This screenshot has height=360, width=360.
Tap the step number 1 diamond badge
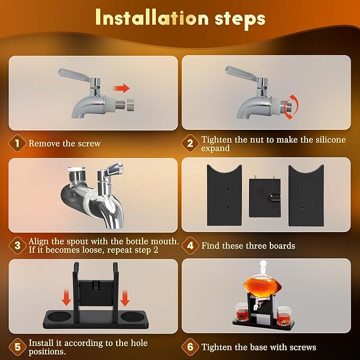tap(17, 144)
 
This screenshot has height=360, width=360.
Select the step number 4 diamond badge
tap(190, 245)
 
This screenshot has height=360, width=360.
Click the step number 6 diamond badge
tap(190, 347)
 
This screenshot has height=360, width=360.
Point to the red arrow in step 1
tap(122, 89)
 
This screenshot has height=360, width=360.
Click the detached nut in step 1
tap(130, 105)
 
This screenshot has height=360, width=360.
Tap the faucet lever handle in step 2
tap(241, 74)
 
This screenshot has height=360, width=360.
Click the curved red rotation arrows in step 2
tap(292, 107)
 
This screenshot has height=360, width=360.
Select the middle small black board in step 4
tap(265, 198)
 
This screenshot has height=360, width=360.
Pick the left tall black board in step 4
tap(224, 195)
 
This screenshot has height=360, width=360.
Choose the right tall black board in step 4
tap(306, 195)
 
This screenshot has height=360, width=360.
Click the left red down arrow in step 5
tap(66, 298)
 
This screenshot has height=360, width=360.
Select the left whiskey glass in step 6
tap(241, 312)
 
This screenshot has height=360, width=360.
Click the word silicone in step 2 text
tap(331, 139)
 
